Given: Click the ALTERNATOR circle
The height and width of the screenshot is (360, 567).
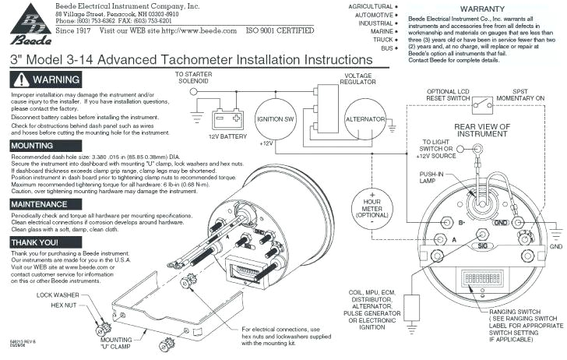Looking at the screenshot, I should [x=365, y=119].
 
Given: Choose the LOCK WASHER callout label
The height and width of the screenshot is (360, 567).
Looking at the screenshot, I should [x=57, y=296].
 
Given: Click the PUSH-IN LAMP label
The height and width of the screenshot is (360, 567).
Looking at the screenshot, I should [x=433, y=178].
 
